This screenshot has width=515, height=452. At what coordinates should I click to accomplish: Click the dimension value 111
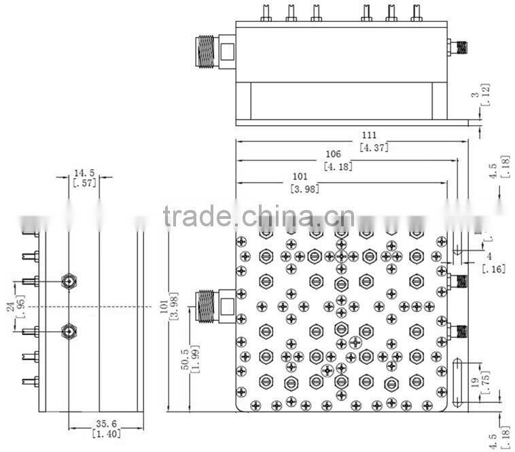pos(370,135)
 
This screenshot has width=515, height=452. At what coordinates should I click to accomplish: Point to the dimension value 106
pos(332,154)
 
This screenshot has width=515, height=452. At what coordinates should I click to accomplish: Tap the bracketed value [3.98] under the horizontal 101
pos(304,189)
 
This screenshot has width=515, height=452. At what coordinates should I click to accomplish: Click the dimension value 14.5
pos(84,173)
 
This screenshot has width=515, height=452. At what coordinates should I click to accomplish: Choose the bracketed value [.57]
pos(84,182)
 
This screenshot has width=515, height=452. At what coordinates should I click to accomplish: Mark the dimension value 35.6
pos(104,422)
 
